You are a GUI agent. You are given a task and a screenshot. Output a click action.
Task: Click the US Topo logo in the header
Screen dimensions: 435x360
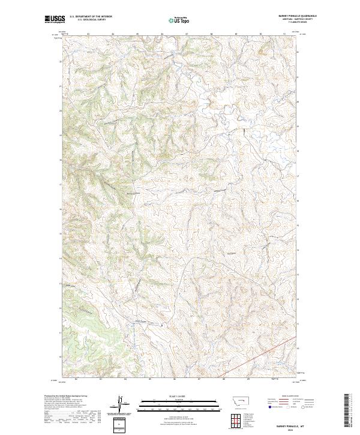[181, 20]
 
